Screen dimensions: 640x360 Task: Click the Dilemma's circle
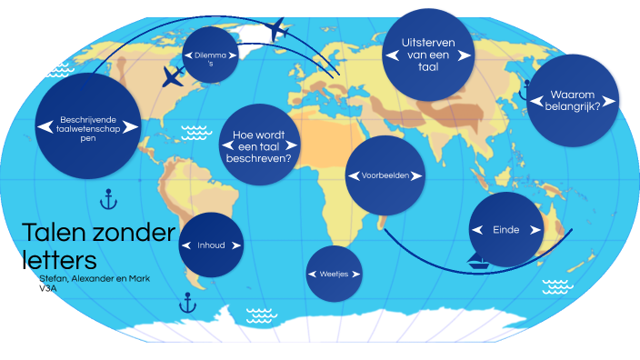pyautogui.click(x=210, y=55)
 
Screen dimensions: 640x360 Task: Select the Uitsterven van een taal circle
pyautogui.click(x=427, y=55)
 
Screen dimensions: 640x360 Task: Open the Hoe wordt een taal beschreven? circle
pyautogui.click(x=262, y=145)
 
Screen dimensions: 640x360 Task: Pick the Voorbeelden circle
pyautogui.click(x=386, y=175)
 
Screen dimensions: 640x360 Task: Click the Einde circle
pyautogui.click(x=505, y=230)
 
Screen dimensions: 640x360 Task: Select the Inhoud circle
pyautogui.click(x=211, y=245)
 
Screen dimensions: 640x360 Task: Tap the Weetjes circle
pyautogui.click(x=335, y=273)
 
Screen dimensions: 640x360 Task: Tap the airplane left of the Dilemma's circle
pyautogui.click(x=172, y=77)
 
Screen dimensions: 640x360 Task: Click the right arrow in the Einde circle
pyautogui.click(x=535, y=230)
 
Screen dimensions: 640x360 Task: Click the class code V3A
pyautogui.click(x=48, y=287)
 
